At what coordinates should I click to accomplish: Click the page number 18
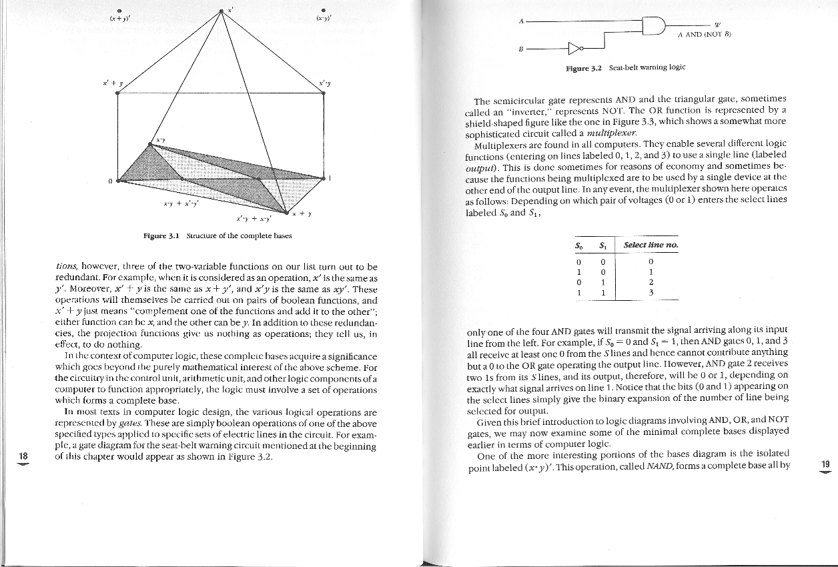point(23,456)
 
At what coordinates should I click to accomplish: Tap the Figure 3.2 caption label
point(584,67)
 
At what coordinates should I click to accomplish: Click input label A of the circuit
point(520,21)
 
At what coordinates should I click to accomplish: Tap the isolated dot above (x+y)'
point(119,10)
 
